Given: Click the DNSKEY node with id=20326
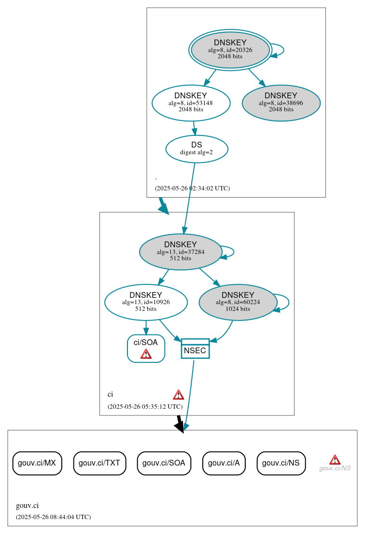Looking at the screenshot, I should pos(230,50).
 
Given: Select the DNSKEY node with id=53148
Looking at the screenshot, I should pos(191,102).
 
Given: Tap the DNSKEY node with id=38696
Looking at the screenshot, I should pos(281,103).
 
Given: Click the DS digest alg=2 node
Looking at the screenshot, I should pos(197,148).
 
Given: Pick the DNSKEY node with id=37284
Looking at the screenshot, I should pos(181,252).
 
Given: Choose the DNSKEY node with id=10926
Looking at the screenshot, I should pos(146,302).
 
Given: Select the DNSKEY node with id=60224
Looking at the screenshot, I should pos(238,302).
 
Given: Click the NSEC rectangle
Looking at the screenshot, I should pos(195,348).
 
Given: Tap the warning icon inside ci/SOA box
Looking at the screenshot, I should pos(146,354).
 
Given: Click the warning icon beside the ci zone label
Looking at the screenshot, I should pos(179,395).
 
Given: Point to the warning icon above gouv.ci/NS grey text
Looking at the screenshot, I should pos(335,459).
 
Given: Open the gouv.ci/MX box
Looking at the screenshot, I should pos(37,463).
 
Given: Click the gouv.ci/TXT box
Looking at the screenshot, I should pos(99,463).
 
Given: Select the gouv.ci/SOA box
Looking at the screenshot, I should pos(164,463).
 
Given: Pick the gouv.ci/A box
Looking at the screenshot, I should pos(224,463).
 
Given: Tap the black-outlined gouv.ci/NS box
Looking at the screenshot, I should pos(281,463).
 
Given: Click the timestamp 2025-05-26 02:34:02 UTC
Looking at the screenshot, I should pos(192,188).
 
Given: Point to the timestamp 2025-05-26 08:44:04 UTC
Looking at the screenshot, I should pos(53,517).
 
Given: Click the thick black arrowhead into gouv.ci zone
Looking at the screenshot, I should pos(180,426).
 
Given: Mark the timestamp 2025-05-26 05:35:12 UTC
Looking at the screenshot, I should pos(145,407).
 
